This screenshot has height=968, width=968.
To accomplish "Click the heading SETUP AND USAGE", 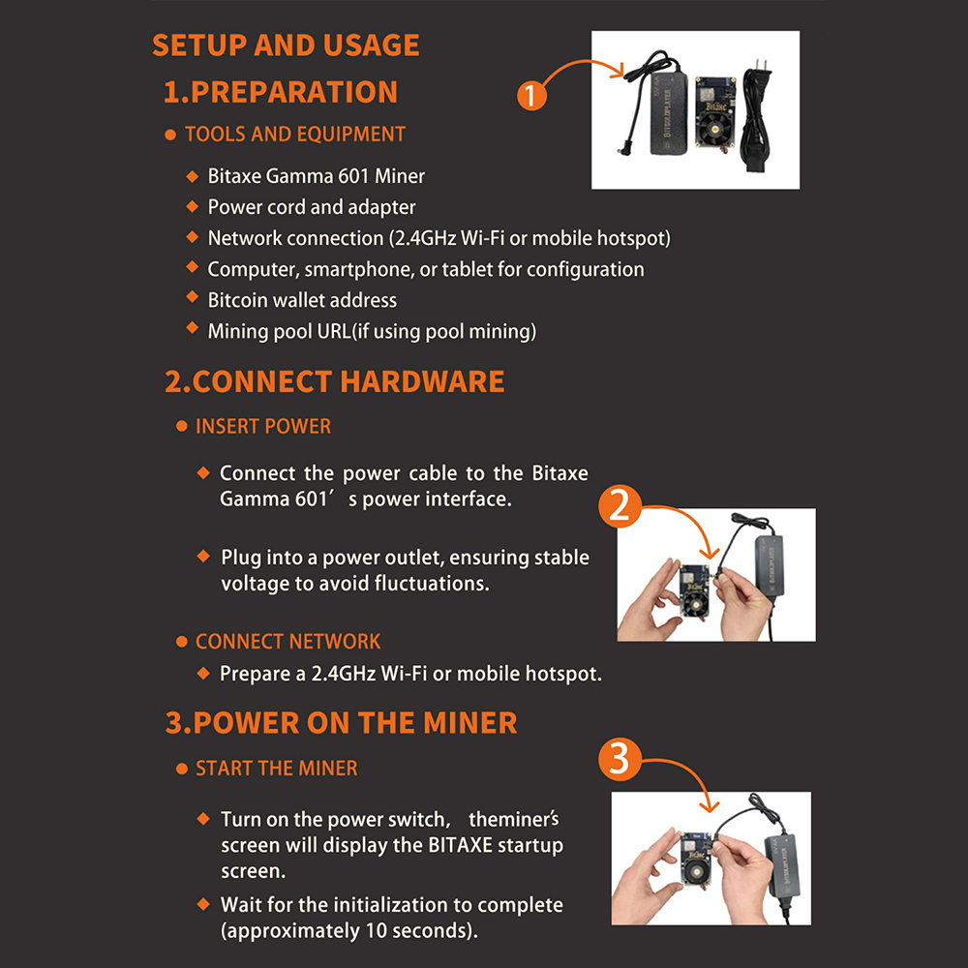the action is [x=286, y=45].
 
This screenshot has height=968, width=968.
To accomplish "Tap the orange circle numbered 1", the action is [x=531, y=96].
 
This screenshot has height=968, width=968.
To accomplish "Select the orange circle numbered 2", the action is [x=620, y=506].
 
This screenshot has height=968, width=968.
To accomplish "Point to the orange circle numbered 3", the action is [x=620, y=760].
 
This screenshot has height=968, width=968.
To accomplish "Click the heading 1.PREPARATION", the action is [x=281, y=92].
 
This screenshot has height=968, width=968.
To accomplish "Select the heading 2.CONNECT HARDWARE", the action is [x=335, y=381].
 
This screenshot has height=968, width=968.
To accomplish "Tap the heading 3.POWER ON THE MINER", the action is [x=341, y=723].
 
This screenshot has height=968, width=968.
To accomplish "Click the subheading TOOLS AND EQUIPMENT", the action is [x=295, y=134].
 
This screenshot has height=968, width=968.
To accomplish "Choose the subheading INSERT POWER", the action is [x=263, y=426].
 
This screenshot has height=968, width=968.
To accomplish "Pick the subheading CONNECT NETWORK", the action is [x=287, y=642].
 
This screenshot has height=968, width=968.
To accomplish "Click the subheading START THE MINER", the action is [x=277, y=768].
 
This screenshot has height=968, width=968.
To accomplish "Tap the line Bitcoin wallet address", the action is [x=302, y=300].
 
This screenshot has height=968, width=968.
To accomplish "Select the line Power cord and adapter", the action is [x=312, y=207].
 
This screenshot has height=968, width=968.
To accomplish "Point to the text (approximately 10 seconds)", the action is [x=349, y=930].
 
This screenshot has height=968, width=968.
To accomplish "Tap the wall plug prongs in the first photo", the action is [x=763, y=66].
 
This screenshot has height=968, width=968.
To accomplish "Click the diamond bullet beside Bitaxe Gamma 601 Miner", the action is [x=192, y=176].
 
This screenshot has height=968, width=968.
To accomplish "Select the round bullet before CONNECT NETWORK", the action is [x=182, y=642].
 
